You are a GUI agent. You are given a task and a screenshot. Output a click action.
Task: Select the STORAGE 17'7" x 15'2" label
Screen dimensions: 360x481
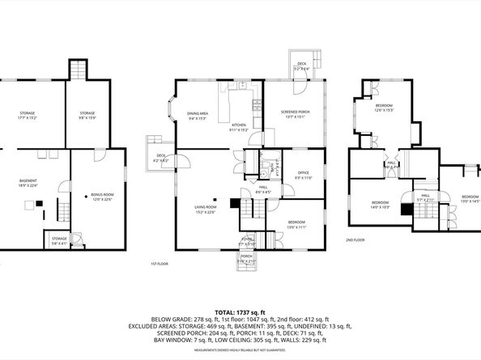32,115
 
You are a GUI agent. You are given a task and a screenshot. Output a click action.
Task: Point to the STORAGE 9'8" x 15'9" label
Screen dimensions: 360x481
87,115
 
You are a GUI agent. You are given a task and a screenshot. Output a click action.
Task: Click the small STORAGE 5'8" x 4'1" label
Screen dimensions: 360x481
59,240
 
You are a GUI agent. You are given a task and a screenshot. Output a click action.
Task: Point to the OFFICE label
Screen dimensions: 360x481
304,174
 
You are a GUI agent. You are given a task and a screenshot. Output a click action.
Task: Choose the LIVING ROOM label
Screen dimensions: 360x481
203,210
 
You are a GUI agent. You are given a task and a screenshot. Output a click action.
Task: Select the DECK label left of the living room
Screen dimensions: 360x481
160,159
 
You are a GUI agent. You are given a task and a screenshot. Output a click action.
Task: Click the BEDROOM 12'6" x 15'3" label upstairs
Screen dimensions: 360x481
384,108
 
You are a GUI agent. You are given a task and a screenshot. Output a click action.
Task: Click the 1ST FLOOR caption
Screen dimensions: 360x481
160,264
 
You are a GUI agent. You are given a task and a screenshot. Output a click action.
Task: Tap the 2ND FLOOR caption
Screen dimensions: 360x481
355,240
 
